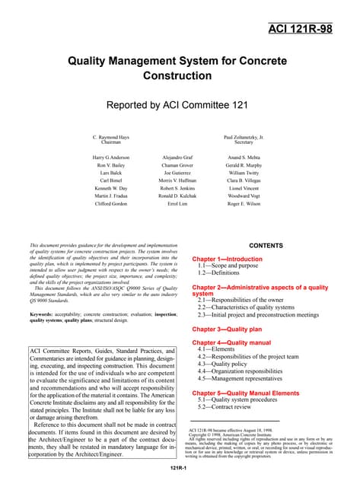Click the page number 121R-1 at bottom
point(180,476)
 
